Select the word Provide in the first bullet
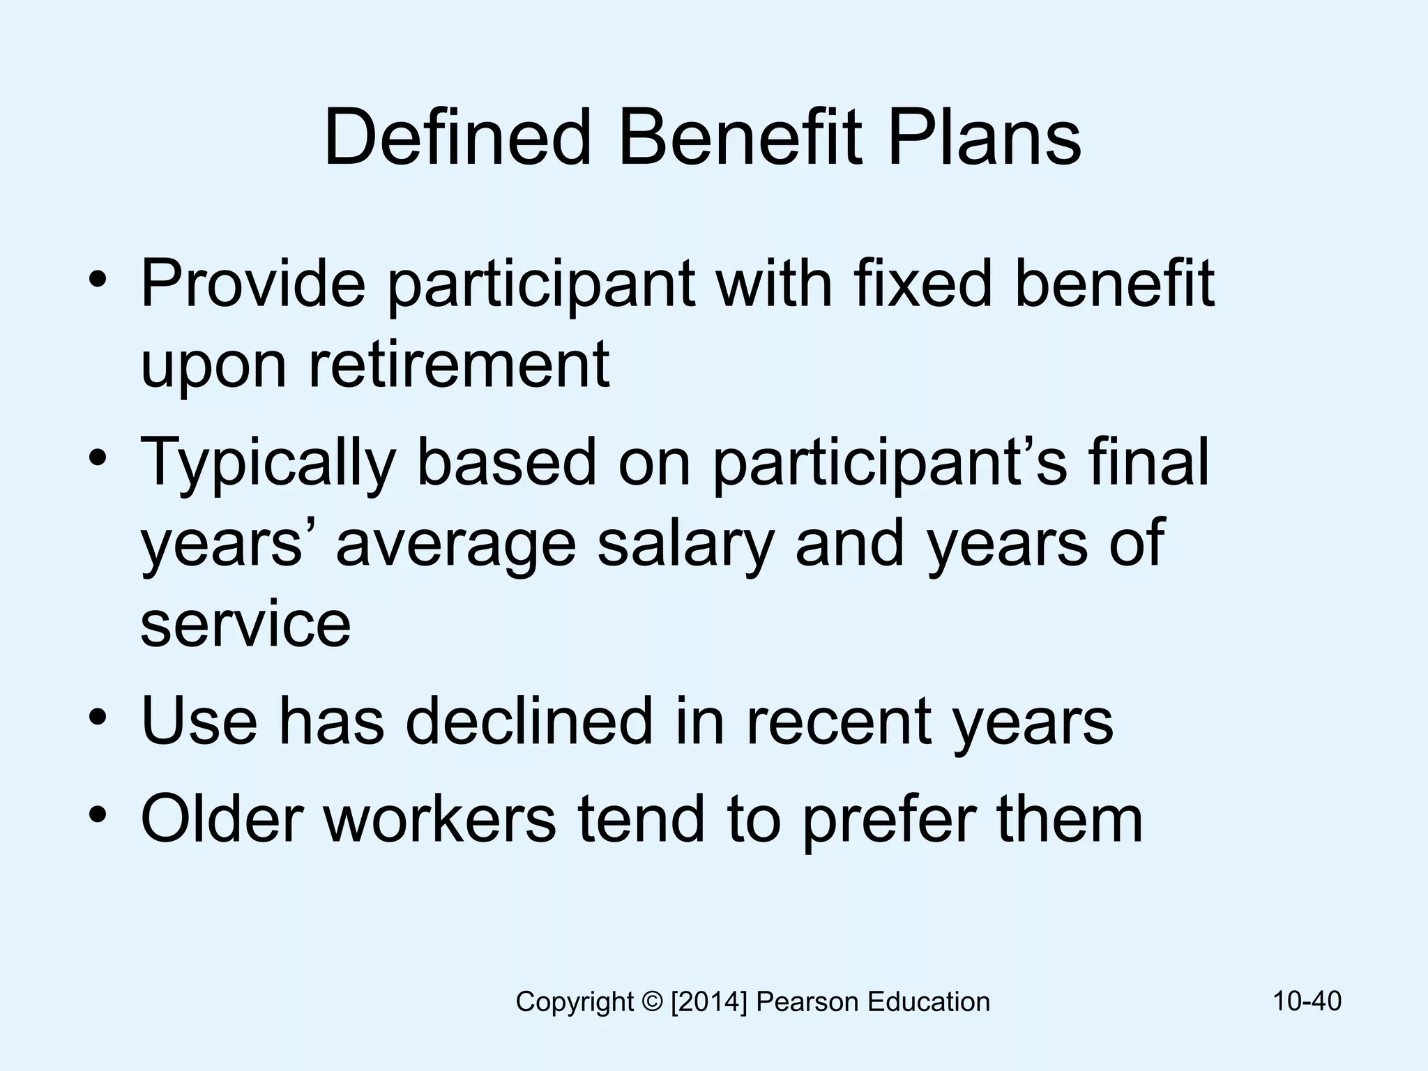pyautogui.click(x=252, y=284)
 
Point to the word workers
pyautogui.click(x=440, y=819)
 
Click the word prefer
pyautogui.click(x=888, y=820)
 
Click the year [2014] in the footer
pyautogui.click(x=709, y=1002)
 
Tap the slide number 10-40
pyautogui.click(x=1307, y=1001)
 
